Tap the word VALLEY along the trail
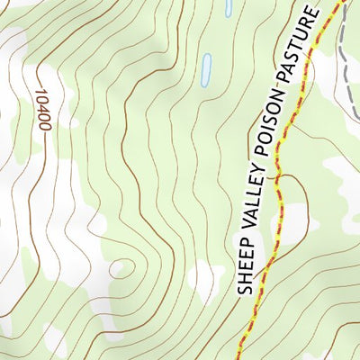point(256,208)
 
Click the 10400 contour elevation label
point(42,108)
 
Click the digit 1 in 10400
point(40,90)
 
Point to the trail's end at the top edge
point(341,3)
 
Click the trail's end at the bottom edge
point(238,357)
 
